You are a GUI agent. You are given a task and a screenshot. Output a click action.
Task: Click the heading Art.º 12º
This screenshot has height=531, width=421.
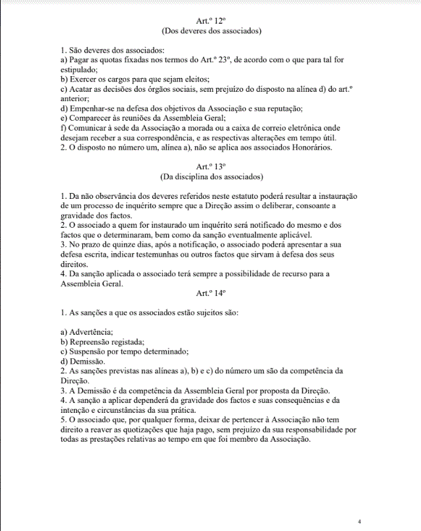[211, 21]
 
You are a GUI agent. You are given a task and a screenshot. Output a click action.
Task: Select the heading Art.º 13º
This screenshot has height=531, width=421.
[211, 167]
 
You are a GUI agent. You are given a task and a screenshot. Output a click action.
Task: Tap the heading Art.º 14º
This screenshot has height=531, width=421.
[211, 294]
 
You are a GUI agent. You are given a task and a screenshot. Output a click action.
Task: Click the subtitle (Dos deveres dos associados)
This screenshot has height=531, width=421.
[211, 31]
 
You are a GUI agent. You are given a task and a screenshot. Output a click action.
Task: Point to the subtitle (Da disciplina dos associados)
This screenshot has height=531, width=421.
[211, 177]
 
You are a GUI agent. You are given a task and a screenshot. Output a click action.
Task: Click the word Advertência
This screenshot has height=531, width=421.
[91, 332]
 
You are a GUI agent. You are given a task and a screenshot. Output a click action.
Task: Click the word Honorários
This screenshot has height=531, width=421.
[311, 148]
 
